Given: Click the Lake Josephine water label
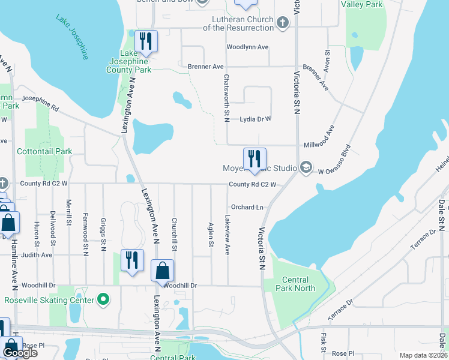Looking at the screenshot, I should coord(73,37).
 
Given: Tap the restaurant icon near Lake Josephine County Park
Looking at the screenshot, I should coord(145,41).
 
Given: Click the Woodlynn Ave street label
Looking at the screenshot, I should coord(247,47).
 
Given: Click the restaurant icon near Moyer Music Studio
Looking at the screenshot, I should coord(255,159).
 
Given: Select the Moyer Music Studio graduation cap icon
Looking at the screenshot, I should coord(306,168).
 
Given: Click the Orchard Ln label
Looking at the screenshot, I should coord(247,207).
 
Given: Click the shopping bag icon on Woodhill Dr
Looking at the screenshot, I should coord(162,271).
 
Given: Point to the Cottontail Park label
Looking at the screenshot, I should coord(44,151).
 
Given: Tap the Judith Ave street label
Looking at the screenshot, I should coord(37,254).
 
